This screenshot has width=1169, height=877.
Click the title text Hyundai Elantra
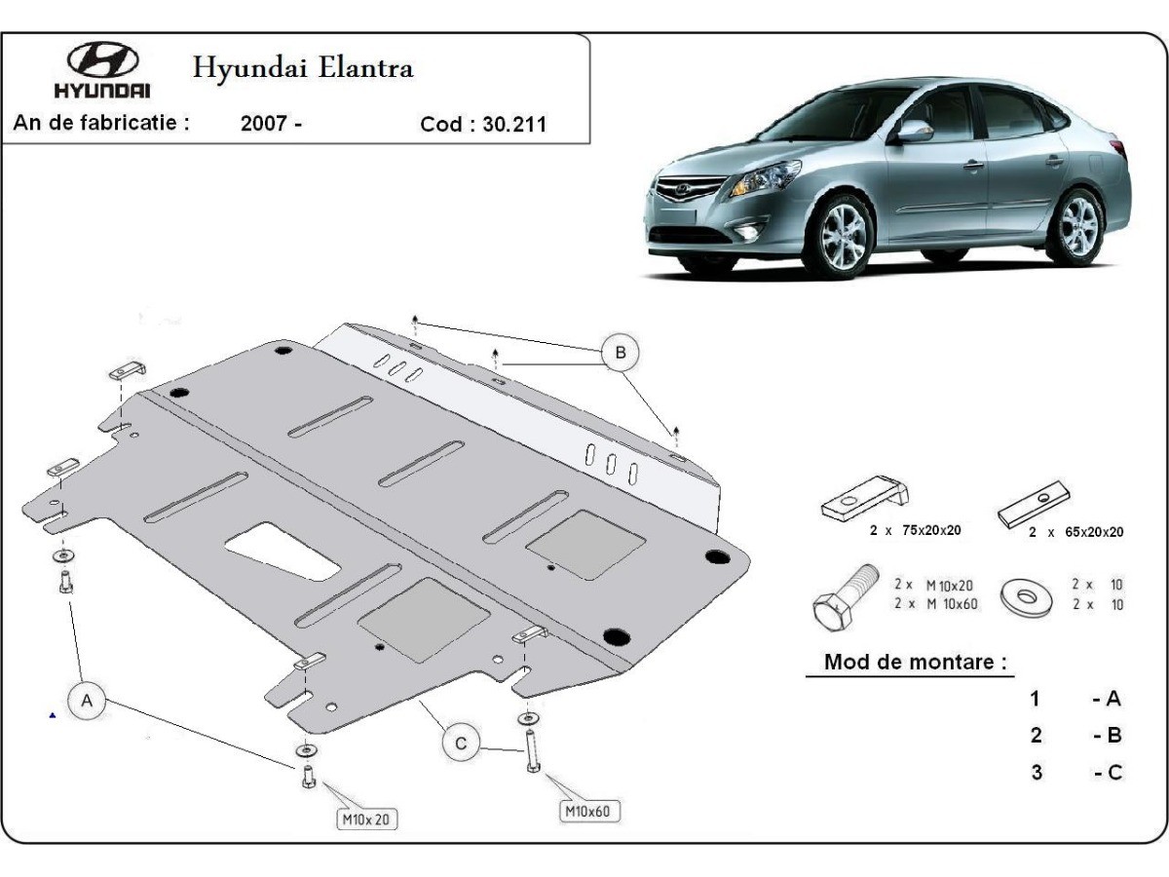click(303, 67)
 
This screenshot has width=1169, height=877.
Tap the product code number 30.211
click(513, 125)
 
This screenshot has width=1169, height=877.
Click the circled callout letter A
click(87, 701)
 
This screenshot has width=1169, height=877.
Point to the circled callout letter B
click(619, 352)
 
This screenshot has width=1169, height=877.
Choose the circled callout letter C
click(461, 744)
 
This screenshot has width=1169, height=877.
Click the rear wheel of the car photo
click(1076, 226)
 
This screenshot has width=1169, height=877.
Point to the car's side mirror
click(914, 131)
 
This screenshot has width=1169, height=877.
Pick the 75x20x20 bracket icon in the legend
click(865, 498)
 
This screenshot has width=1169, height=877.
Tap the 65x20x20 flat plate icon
click(1038, 504)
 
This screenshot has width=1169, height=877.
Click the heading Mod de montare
click(915, 662)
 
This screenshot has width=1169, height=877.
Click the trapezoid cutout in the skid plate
click(282, 550)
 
